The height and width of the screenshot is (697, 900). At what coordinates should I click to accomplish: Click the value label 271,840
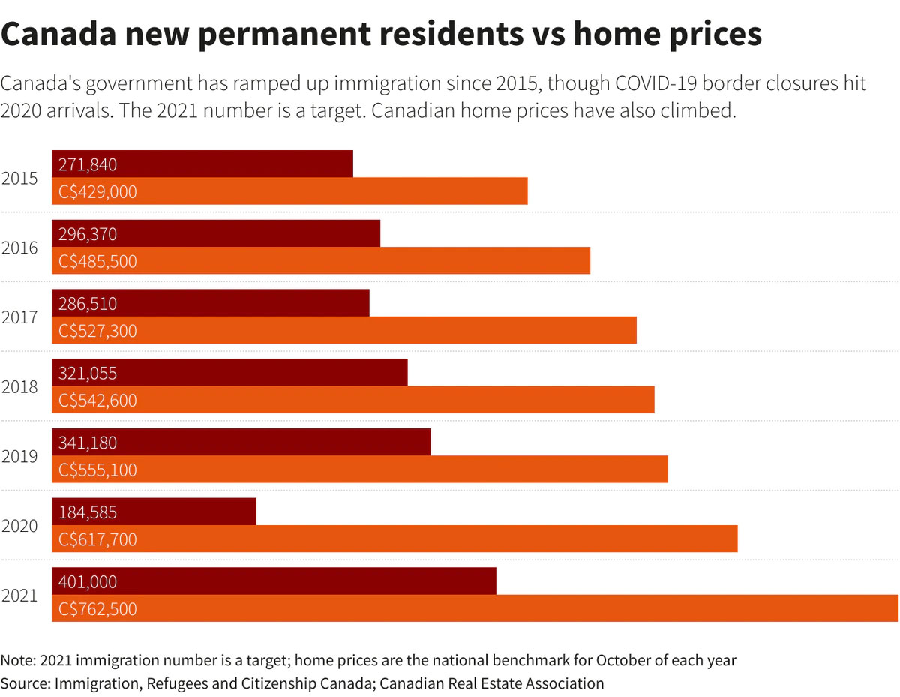coord(88,164)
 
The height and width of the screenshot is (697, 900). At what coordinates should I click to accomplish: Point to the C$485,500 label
coord(97,261)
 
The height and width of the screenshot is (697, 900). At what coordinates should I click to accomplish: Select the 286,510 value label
coord(88,303)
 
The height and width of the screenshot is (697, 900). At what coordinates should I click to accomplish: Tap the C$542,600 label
coord(97,400)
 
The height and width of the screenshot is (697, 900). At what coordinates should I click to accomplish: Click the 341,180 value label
coord(88,442)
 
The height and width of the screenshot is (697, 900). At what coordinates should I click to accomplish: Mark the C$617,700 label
coord(97,539)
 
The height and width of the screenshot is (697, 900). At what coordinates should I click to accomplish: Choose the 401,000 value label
coord(88,581)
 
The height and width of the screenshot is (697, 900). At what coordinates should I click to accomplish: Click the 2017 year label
coord(19,317)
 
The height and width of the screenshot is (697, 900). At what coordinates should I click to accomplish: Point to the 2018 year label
coord(19,387)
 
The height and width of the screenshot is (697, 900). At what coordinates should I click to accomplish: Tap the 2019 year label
coord(19,456)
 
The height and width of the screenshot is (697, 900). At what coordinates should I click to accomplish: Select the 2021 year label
coord(19,596)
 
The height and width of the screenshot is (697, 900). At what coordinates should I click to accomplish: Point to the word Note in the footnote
coord(17,660)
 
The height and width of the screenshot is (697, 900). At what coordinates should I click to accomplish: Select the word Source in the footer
coord(24,683)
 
